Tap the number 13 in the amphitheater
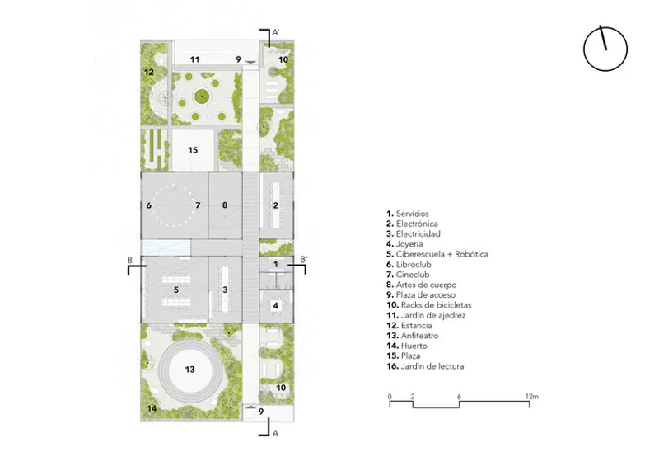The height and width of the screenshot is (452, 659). (x=190, y=369)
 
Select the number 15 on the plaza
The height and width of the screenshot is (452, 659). (x=193, y=150)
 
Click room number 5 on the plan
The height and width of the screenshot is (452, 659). (x=176, y=290)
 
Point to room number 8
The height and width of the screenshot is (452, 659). (x=225, y=205)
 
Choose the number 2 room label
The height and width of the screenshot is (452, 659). (x=276, y=205)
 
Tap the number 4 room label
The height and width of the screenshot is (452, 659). (x=276, y=305)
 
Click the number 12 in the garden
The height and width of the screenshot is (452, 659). (x=149, y=72)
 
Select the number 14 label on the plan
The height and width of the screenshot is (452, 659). (x=152, y=407)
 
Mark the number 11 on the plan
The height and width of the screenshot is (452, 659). (x=194, y=59)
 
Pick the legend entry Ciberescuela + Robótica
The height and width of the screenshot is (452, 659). (x=437, y=254)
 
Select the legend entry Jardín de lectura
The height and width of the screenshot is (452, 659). (x=425, y=366)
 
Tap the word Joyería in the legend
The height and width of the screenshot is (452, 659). (x=409, y=244)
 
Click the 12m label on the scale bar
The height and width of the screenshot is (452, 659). (x=531, y=397)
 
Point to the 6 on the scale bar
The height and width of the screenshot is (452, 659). (x=459, y=397)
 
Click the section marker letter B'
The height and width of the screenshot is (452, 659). (x=304, y=259)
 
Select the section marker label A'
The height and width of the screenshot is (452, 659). (x=276, y=32)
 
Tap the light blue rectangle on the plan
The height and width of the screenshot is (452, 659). (x=166, y=247)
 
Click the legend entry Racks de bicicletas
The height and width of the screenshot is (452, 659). (x=428, y=305)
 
